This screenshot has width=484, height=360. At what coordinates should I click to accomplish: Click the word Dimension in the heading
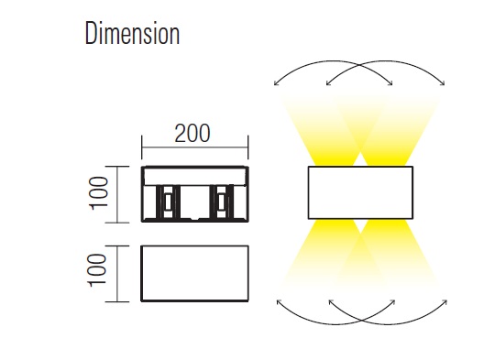click(x=132, y=34)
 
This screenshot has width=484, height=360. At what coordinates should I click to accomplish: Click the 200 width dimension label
click(x=192, y=134)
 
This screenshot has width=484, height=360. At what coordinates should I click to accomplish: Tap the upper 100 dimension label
click(x=99, y=193)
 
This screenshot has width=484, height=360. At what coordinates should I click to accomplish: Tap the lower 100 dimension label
click(x=98, y=270)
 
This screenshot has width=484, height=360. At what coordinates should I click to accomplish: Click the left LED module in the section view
click(x=168, y=202)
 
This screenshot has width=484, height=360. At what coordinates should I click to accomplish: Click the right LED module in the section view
click(x=221, y=202)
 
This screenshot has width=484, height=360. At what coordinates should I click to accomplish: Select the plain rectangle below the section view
click(x=194, y=273)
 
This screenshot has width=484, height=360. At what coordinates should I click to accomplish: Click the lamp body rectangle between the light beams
click(x=360, y=192)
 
